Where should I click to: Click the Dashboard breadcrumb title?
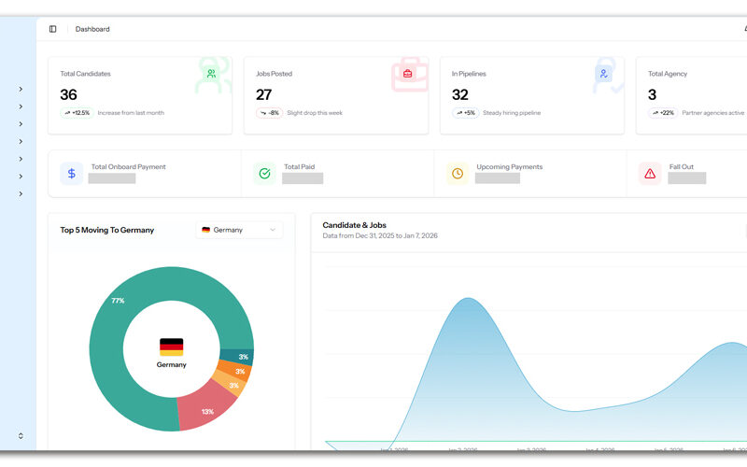tap(92, 29)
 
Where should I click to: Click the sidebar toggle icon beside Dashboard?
tap(53, 29)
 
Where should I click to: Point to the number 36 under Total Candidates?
tap(68, 94)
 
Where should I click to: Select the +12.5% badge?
tap(77, 113)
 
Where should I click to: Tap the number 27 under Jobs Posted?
tap(264, 94)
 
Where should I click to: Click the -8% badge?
tap(269, 113)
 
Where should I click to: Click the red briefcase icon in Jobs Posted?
tap(407, 73)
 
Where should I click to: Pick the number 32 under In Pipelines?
tap(460, 94)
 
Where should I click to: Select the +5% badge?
tap(465, 113)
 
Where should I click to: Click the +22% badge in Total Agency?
tap(662, 113)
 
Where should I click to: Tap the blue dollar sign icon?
tap(72, 174)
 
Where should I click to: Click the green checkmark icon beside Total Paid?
tap(264, 174)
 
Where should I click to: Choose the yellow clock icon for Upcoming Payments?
tap(458, 174)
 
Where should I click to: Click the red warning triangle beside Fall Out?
tap(650, 174)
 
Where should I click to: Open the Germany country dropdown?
tap(239, 230)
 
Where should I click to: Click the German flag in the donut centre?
tap(171, 347)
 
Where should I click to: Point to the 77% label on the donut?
tap(118, 301)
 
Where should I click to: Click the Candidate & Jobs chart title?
tap(354, 225)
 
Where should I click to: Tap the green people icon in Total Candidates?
tap(212, 73)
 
